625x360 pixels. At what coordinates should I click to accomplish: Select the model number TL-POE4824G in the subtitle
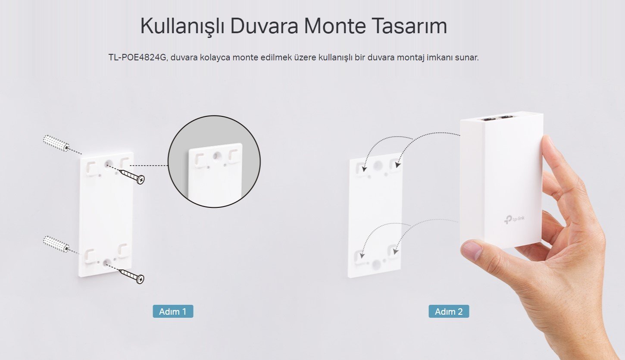point(137,57)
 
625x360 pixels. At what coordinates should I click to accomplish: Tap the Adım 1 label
point(173,311)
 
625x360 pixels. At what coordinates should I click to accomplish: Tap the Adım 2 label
point(449,311)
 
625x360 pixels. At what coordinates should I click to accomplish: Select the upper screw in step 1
point(133,176)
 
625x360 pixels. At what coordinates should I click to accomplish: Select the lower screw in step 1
point(133,275)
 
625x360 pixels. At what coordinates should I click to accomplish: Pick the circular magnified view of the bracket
point(214,161)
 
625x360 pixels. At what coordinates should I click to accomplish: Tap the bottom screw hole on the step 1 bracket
point(106,262)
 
